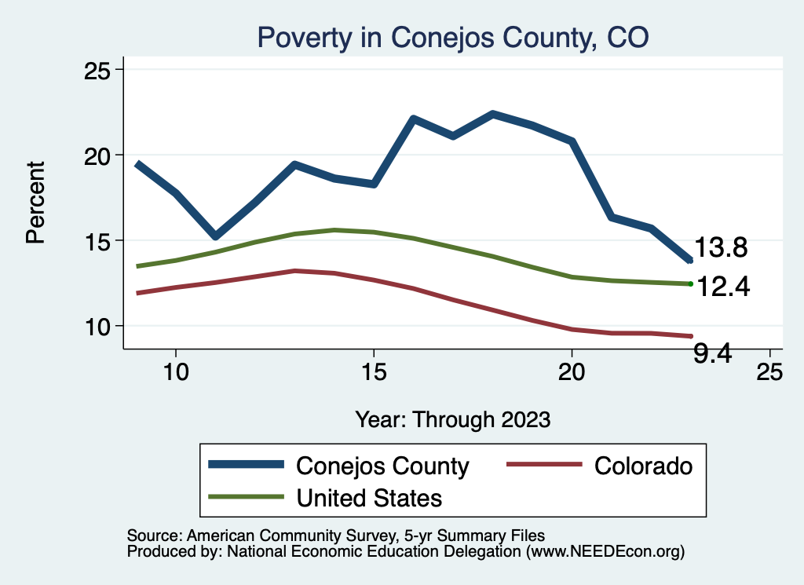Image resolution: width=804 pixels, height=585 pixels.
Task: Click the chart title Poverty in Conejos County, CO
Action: [x=453, y=37]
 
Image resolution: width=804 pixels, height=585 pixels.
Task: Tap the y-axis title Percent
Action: [x=35, y=202]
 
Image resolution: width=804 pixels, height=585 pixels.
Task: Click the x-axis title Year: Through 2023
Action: [x=452, y=419]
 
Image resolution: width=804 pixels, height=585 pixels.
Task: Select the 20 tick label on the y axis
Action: [x=99, y=155]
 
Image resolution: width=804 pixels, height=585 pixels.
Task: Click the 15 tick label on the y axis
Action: [x=99, y=240]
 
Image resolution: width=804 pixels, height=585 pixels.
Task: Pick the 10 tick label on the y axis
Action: [x=99, y=326]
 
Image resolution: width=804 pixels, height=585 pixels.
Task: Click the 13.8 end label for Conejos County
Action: [x=719, y=248]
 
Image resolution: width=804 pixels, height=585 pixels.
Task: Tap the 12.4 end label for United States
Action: [x=722, y=287]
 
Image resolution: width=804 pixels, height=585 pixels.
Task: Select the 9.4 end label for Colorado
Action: [x=713, y=354]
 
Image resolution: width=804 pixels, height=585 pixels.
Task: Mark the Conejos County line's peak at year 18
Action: [x=492, y=114]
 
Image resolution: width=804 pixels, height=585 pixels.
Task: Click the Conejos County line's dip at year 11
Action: [x=215, y=236]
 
